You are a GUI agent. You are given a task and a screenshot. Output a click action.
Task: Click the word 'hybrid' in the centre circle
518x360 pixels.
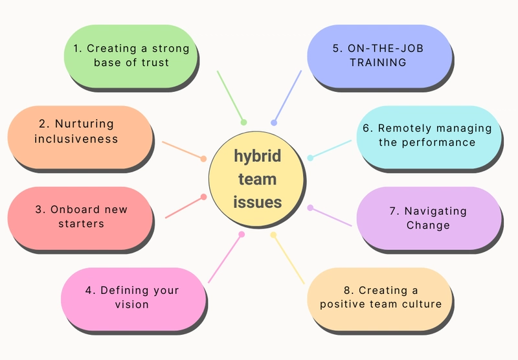(x=257, y=156)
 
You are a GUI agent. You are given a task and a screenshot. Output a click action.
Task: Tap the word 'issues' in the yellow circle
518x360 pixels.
(x=257, y=202)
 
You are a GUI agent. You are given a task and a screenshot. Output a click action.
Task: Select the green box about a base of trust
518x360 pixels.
(x=131, y=56)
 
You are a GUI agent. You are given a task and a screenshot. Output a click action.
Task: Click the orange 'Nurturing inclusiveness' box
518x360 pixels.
(x=80, y=137)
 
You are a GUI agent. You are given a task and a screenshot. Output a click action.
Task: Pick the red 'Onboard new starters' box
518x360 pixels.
(x=80, y=218)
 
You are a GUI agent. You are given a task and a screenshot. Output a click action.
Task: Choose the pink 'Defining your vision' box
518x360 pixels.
(x=133, y=299)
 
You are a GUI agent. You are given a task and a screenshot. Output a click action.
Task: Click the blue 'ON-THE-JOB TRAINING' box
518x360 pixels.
(x=379, y=56)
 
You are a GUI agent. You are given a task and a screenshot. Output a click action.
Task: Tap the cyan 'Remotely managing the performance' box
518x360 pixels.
(x=429, y=137)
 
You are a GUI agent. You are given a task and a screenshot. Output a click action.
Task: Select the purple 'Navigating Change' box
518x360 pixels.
(x=429, y=218)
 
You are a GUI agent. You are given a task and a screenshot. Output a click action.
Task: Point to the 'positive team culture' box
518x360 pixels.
(x=379, y=299)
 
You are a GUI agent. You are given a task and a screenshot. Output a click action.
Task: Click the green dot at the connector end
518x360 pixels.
(x=244, y=122)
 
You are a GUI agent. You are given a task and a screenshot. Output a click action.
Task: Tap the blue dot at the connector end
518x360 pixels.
(x=274, y=123)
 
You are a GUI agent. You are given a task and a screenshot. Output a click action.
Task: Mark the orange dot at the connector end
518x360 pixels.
(x=203, y=159)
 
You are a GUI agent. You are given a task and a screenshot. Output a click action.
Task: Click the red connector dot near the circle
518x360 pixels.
(x=204, y=197)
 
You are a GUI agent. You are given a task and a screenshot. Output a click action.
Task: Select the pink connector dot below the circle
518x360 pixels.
(x=242, y=234)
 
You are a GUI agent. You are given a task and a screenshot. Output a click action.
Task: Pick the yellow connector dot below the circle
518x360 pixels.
(x=273, y=235)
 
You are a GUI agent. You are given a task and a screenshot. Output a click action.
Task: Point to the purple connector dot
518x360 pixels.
(x=310, y=208)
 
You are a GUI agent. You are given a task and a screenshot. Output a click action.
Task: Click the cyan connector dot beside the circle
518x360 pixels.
(x=310, y=158)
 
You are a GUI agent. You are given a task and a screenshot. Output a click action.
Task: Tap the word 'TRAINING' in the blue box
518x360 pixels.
(x=378, y=62)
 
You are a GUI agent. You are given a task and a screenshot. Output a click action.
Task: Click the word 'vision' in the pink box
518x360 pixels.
(x=132, y=304)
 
